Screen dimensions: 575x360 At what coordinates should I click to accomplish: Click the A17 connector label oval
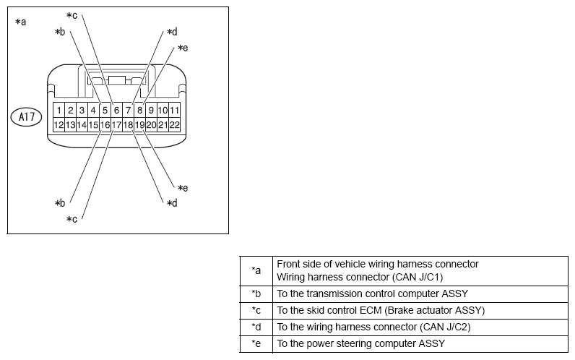click(x=26, y=117)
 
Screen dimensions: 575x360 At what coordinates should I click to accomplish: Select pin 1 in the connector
click(x=59, y=110)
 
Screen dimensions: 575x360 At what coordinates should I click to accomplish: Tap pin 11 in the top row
click(x=174, y=110)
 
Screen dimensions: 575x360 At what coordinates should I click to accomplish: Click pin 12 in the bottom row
click(x=59, y=125)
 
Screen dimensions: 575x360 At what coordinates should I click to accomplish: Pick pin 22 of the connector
click(x=174, y=125)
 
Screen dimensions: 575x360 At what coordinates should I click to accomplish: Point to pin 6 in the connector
click(x=116, y=110)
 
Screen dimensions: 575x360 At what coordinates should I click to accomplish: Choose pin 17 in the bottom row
click(x=116, y=125)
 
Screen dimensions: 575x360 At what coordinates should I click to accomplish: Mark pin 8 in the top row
click(x=139, y=110)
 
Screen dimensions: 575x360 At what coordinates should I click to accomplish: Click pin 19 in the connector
click(x=139, y=125)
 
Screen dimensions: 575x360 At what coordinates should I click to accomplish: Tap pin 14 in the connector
click(x=82, y=125)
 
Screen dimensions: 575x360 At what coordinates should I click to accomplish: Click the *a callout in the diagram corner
click(x=20, y=22)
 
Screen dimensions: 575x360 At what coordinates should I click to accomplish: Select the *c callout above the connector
click(x=72, y=15)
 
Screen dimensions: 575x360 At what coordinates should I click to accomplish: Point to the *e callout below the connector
click(x=183, y=188)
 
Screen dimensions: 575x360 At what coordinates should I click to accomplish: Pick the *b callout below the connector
click(x=60, y=203)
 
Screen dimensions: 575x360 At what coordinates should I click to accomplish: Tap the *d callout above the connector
click(x=172, y=32)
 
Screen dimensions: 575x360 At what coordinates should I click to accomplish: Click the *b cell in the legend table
click(x=256, y=294)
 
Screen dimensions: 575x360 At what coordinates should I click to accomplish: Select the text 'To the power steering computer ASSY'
click(x=361, y=344)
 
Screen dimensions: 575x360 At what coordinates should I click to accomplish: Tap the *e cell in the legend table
click(x=256, y=344)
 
